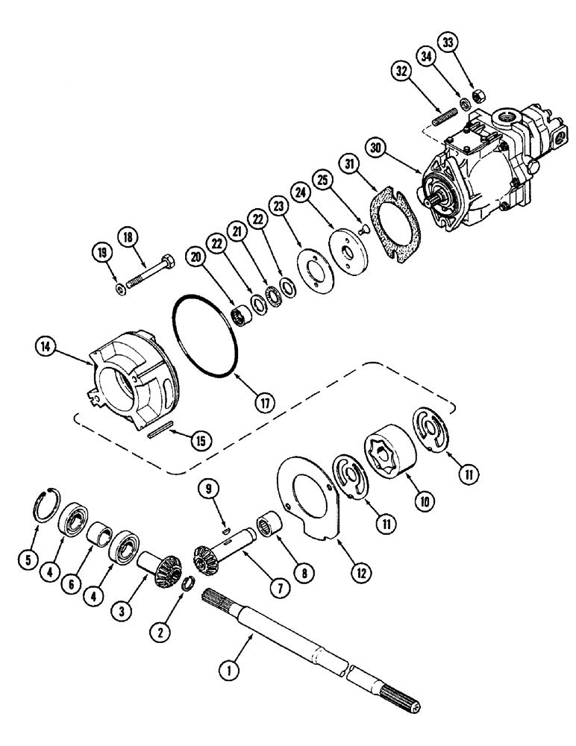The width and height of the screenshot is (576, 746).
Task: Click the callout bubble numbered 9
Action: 209,490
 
